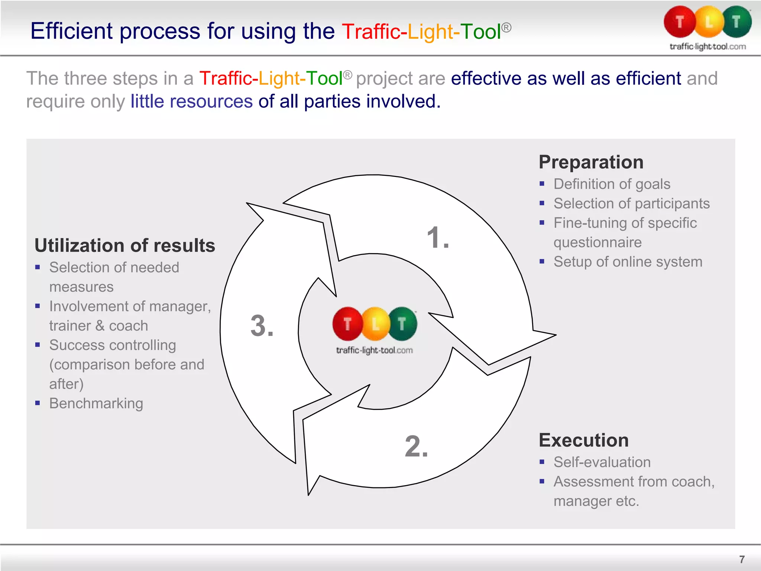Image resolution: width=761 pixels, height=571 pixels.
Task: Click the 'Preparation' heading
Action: (x=591, y=162)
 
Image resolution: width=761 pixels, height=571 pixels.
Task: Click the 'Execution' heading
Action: (x=583, y=441)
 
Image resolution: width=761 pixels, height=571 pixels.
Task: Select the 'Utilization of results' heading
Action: (x=125, y=246)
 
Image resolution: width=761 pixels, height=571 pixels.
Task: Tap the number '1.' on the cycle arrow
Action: (x=438, y=238)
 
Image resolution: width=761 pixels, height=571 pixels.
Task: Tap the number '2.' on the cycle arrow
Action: (x=416, y=446)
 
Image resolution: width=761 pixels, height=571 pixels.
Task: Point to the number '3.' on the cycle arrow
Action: (x=262, y=326)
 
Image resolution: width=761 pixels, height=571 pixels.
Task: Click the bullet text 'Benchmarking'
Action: (x=96, y=403)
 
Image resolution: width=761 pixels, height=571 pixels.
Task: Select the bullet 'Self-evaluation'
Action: (x=602, y=462)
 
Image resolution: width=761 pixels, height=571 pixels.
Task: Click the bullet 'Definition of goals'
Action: (x=612, y=184)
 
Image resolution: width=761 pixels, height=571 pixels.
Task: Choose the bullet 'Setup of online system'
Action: (x=628, y=262)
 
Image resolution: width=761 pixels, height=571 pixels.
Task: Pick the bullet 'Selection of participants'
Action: (x=631, y=204)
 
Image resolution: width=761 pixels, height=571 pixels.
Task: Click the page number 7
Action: (x=742, y=559)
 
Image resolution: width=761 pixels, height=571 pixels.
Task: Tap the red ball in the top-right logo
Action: (x=680, y=22)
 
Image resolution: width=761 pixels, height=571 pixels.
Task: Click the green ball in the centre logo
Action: (x=403, y=324)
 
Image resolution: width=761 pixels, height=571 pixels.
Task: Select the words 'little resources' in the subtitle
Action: (x=191, y=101)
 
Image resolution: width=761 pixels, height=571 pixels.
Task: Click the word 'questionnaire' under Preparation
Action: (x=598, y=242)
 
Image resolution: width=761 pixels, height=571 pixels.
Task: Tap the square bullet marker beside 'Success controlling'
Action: (x=38, y=345)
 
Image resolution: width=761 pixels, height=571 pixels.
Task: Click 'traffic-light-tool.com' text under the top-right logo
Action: (x=707, y=47)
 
